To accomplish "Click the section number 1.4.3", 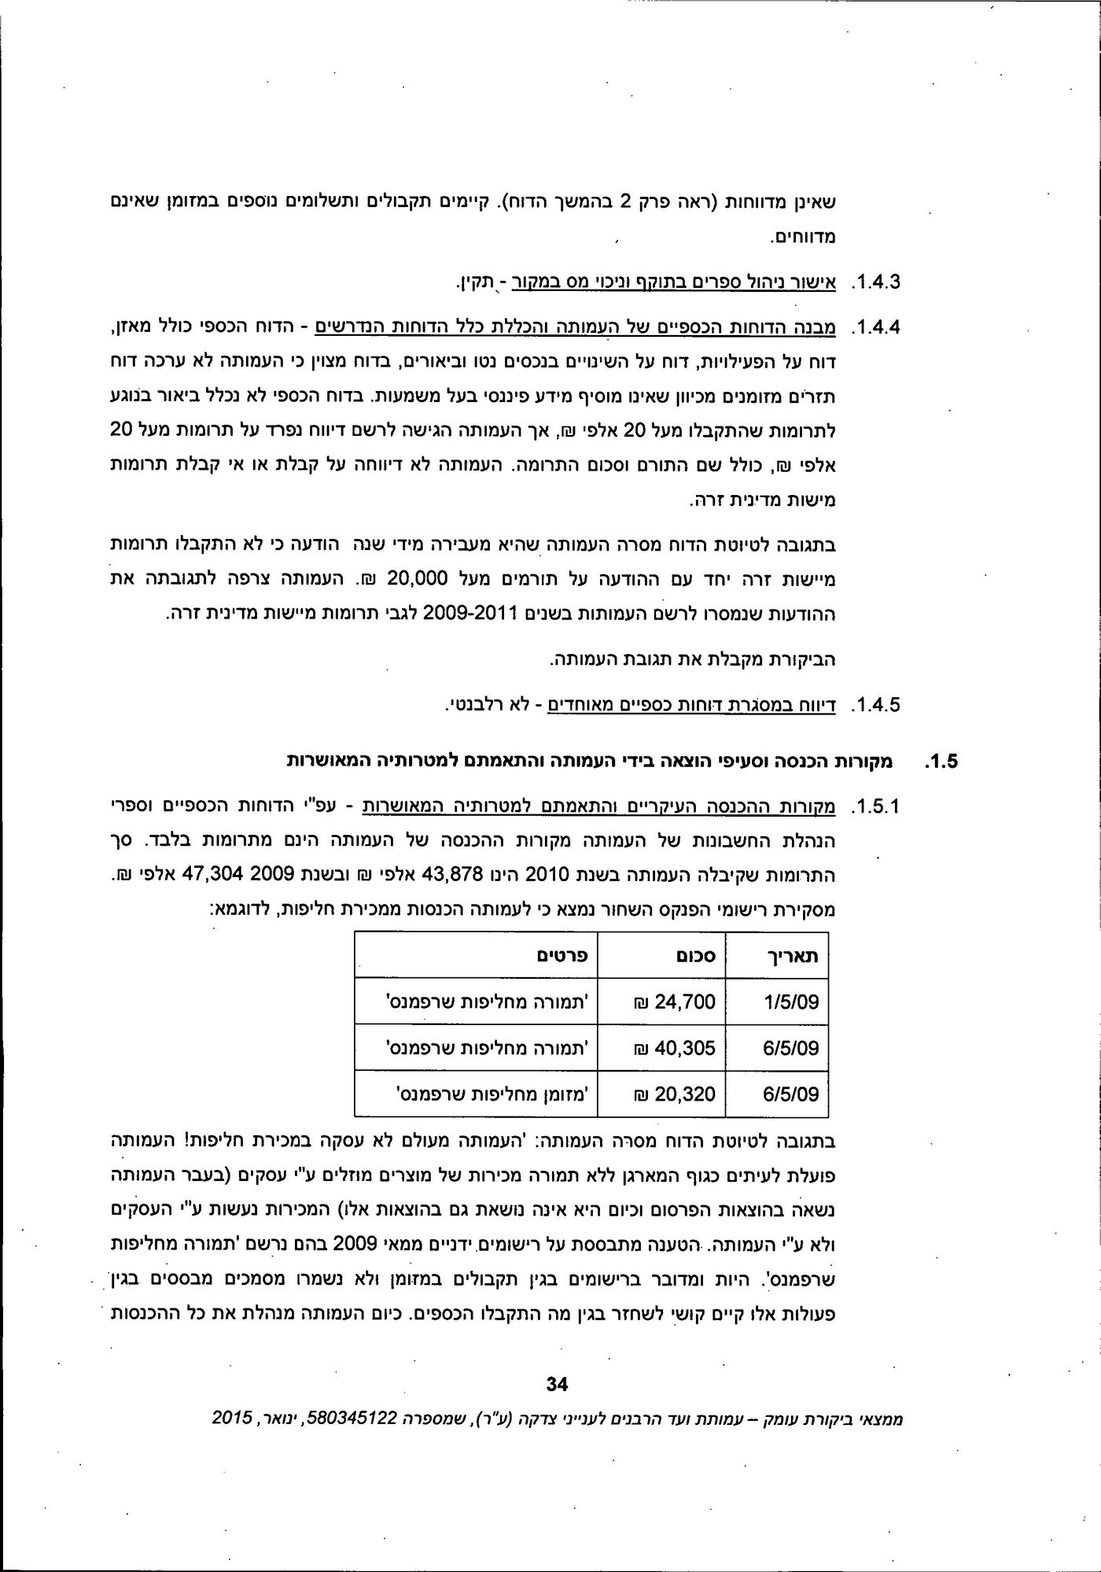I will tap(875, 281).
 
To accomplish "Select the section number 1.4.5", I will tap(875, 704).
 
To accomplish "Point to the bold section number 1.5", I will tap(941, 762).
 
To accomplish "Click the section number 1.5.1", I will tap(875, 807).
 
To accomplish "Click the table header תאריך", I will tap(792, 955).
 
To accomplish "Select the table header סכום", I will tap(695, 955).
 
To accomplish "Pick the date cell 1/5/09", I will tap(791, 1002).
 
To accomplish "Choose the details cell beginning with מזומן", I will tap(488, 1094).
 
